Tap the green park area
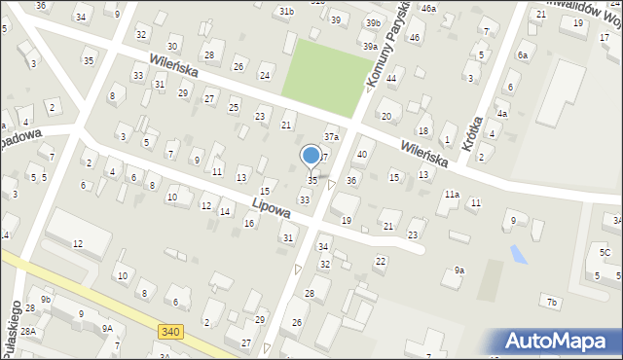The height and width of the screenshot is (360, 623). point(320,72)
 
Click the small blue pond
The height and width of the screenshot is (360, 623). point(518,253)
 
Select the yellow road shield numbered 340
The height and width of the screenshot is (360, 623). point(168,333)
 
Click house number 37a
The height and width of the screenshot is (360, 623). point(331,137)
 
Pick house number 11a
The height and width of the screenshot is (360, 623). point(452,195)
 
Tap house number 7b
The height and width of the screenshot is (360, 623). point(552,303)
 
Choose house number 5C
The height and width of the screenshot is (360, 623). point(605,253)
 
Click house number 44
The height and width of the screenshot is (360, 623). point(391,78)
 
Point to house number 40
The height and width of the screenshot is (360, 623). point(362,154)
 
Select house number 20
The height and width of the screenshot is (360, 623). point(386,117)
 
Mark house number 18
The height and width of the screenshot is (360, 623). point(422,130)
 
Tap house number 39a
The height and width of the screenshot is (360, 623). point(370,46)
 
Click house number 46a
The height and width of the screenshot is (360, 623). point(428,8)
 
